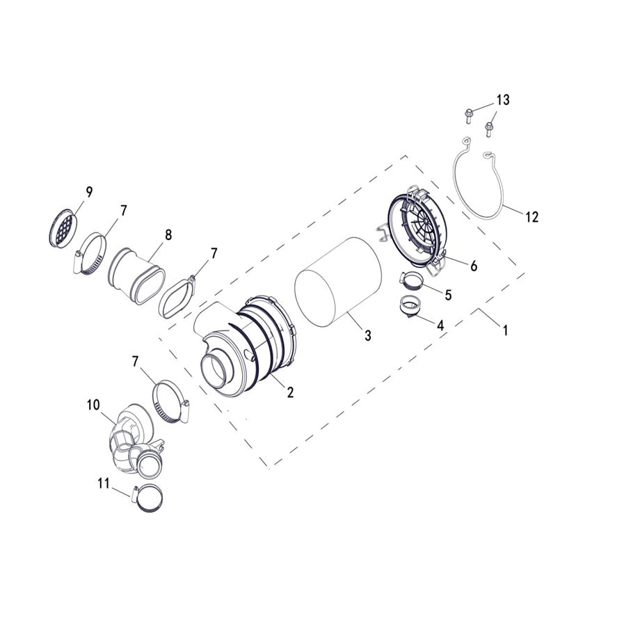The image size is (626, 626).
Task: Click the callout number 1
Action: (506, 330)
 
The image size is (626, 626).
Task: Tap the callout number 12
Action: (531, 217)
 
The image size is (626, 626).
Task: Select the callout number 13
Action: (502, 100)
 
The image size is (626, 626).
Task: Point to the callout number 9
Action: (88, 191)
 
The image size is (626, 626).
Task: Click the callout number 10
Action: (93, 404)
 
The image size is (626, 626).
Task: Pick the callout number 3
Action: (367, 335)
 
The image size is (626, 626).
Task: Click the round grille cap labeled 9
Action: (63, 226)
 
